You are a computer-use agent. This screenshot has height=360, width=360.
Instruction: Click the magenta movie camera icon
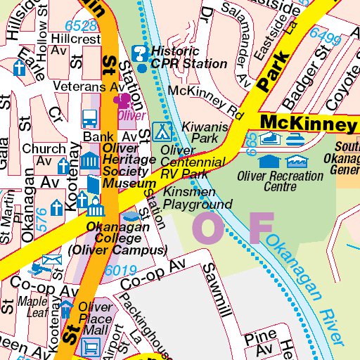coord(128,101)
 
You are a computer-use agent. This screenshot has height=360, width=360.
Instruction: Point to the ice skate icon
coord(268,139)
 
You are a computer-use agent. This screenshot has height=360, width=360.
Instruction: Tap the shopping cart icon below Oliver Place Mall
coord(90,346)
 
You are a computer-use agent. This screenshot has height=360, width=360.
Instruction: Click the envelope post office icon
coord(51,264)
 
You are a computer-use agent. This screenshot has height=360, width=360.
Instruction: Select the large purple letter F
coord(261,227)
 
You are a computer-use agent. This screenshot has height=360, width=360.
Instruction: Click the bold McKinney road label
coord(307,124)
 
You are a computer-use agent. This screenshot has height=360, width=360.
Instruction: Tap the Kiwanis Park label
coord(200,132)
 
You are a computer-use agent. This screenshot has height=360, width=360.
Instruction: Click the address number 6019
coord(121,270)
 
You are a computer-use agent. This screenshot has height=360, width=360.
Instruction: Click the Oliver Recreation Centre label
coord(280,181)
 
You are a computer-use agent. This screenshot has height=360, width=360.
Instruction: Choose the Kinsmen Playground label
coord(197,198)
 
